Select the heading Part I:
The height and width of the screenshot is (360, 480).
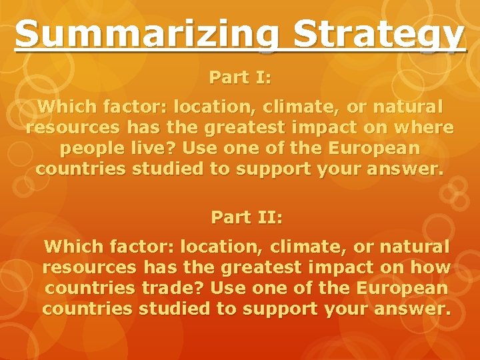[x=240, y=77]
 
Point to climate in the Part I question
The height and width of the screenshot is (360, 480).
[x=301, y=107]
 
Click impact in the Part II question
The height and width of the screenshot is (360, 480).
[x=337, y=268]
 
